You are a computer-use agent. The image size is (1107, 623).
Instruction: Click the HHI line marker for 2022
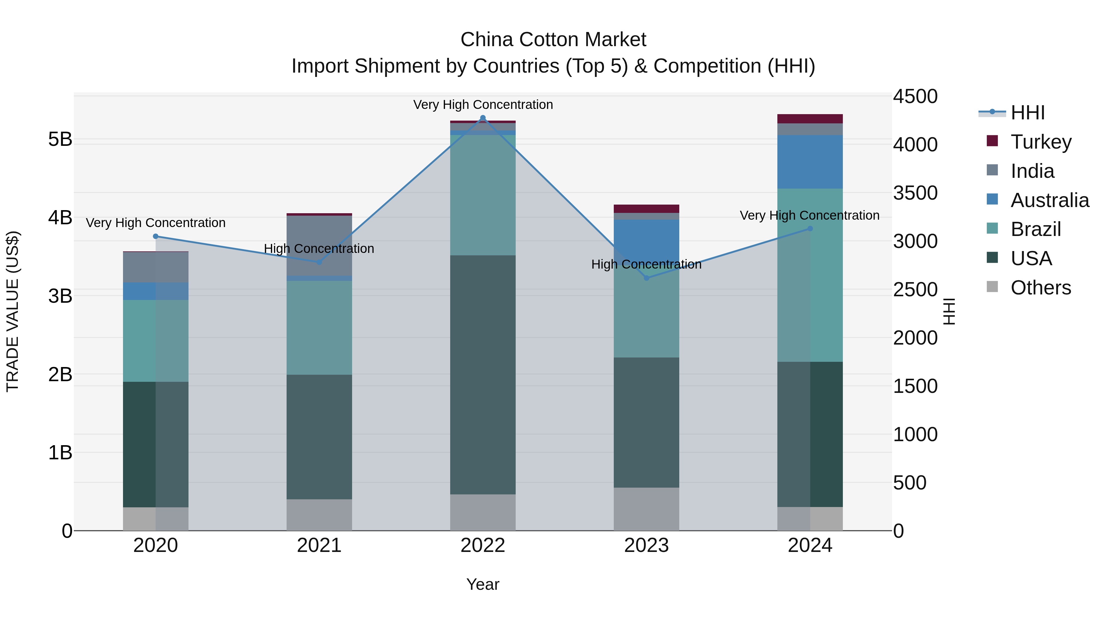point(482,118)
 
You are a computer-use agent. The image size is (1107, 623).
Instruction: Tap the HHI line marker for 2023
point(646,278)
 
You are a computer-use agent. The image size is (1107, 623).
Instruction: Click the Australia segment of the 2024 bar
point(810,162)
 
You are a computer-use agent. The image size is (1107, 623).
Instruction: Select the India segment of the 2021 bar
point(319,245)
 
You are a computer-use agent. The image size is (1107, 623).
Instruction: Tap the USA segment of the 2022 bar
point(482,374)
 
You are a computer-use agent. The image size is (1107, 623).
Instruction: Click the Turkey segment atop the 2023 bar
point(646,209)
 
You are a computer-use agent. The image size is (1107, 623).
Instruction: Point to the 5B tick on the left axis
point(60,139)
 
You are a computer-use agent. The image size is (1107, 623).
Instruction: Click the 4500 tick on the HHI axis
point(915,96)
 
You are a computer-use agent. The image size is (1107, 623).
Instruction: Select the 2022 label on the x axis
point(482,545)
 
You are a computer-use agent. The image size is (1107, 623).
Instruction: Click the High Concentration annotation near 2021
point(319,249)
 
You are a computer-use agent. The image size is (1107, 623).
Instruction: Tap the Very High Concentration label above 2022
point(482,105)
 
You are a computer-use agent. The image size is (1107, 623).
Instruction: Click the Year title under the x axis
point(482,584)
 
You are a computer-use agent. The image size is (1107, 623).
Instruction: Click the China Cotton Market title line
point(553,40)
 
